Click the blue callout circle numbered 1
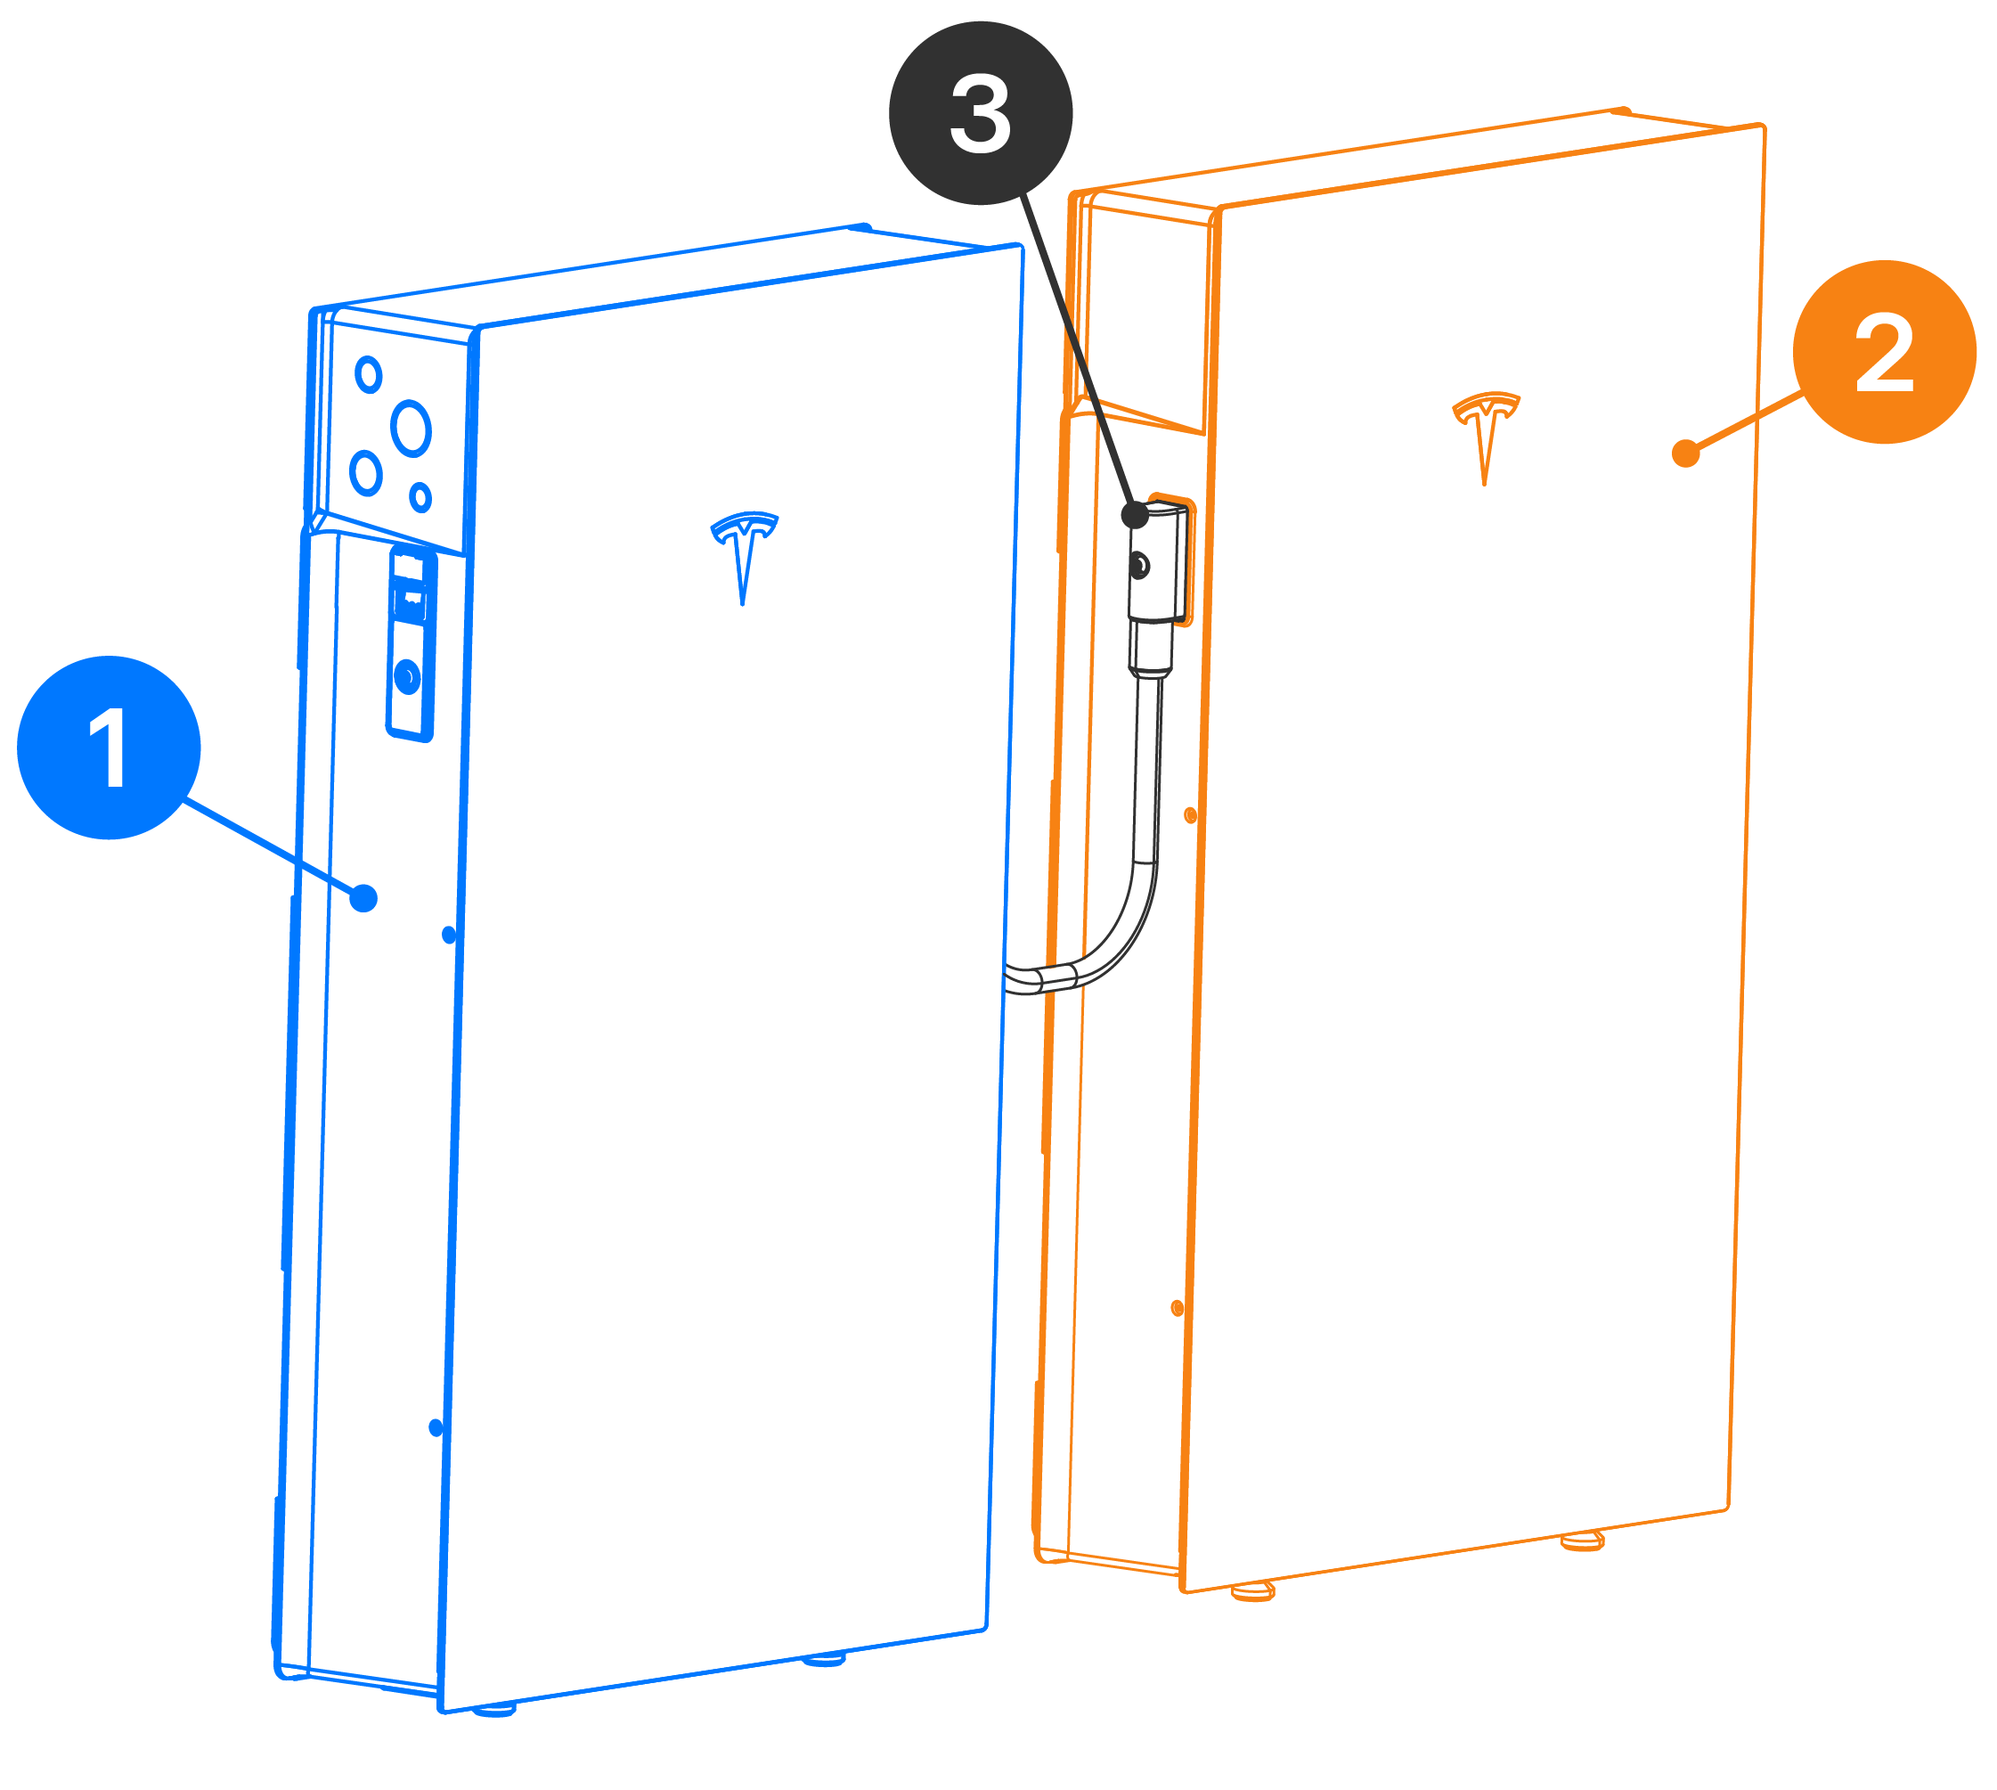coord(110,748)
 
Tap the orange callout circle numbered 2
coord(1884,352)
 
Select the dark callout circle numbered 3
coord(981,113)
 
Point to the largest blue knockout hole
coord(411,428)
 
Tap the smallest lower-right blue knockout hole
coord(420,498)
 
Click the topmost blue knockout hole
coord(369,375)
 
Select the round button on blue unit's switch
coord(407,676)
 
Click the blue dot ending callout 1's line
coord(363,898)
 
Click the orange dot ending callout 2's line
coord(1685,454)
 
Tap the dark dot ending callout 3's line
coord(1134,514)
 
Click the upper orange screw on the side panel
coord(1190,815)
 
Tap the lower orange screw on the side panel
coord(1177,1308)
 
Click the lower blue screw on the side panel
coord(436,1428)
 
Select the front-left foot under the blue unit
coord(494,1712)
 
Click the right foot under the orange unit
coord(1582,1542)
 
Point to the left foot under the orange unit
coord(1252,1591)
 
